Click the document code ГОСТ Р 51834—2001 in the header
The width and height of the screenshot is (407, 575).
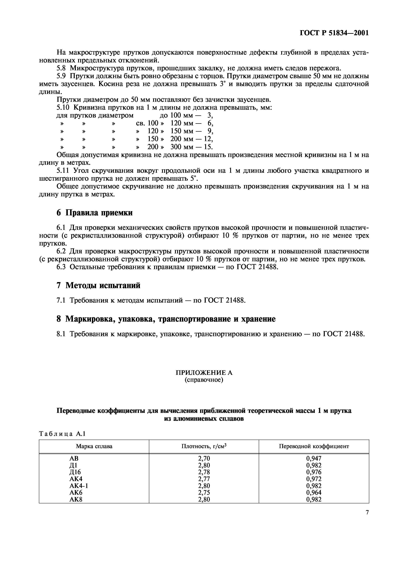pyautogui.click(x=334, y=33)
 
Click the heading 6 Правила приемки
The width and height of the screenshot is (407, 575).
pyautogui.click(x=94, y=213)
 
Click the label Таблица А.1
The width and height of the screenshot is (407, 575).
pyautogui.click(x=62, y=434)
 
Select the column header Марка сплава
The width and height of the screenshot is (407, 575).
pyautogui.click(x=94, y=446)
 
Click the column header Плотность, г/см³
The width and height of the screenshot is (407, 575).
pyautogui.click(x=204, y=446)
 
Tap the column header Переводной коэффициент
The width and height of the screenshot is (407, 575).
pyautogui.click(x=314, y=446)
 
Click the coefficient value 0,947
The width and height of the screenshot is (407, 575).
pyautogui.click(x=314, y=459)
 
